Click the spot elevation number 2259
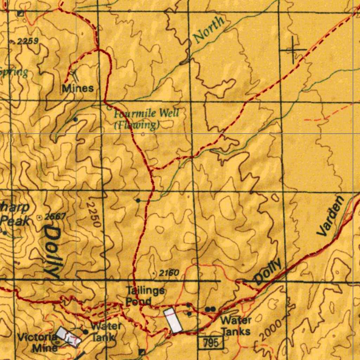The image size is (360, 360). pos(27,42)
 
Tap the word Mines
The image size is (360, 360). pos(78,88)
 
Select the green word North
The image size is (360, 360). pos(209,30)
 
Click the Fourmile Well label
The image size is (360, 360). pos(147,113)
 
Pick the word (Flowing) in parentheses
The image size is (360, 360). pos(137,125)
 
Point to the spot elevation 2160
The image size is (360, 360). pos(169,273)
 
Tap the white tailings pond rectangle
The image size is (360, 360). pos(173,320)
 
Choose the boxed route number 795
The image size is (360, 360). pos(211,342)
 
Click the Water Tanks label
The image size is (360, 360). pos(236,326)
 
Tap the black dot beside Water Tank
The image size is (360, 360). pos(85,332)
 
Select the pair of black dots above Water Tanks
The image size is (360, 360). pos(210,309)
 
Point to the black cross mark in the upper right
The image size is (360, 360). pos(293,50)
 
